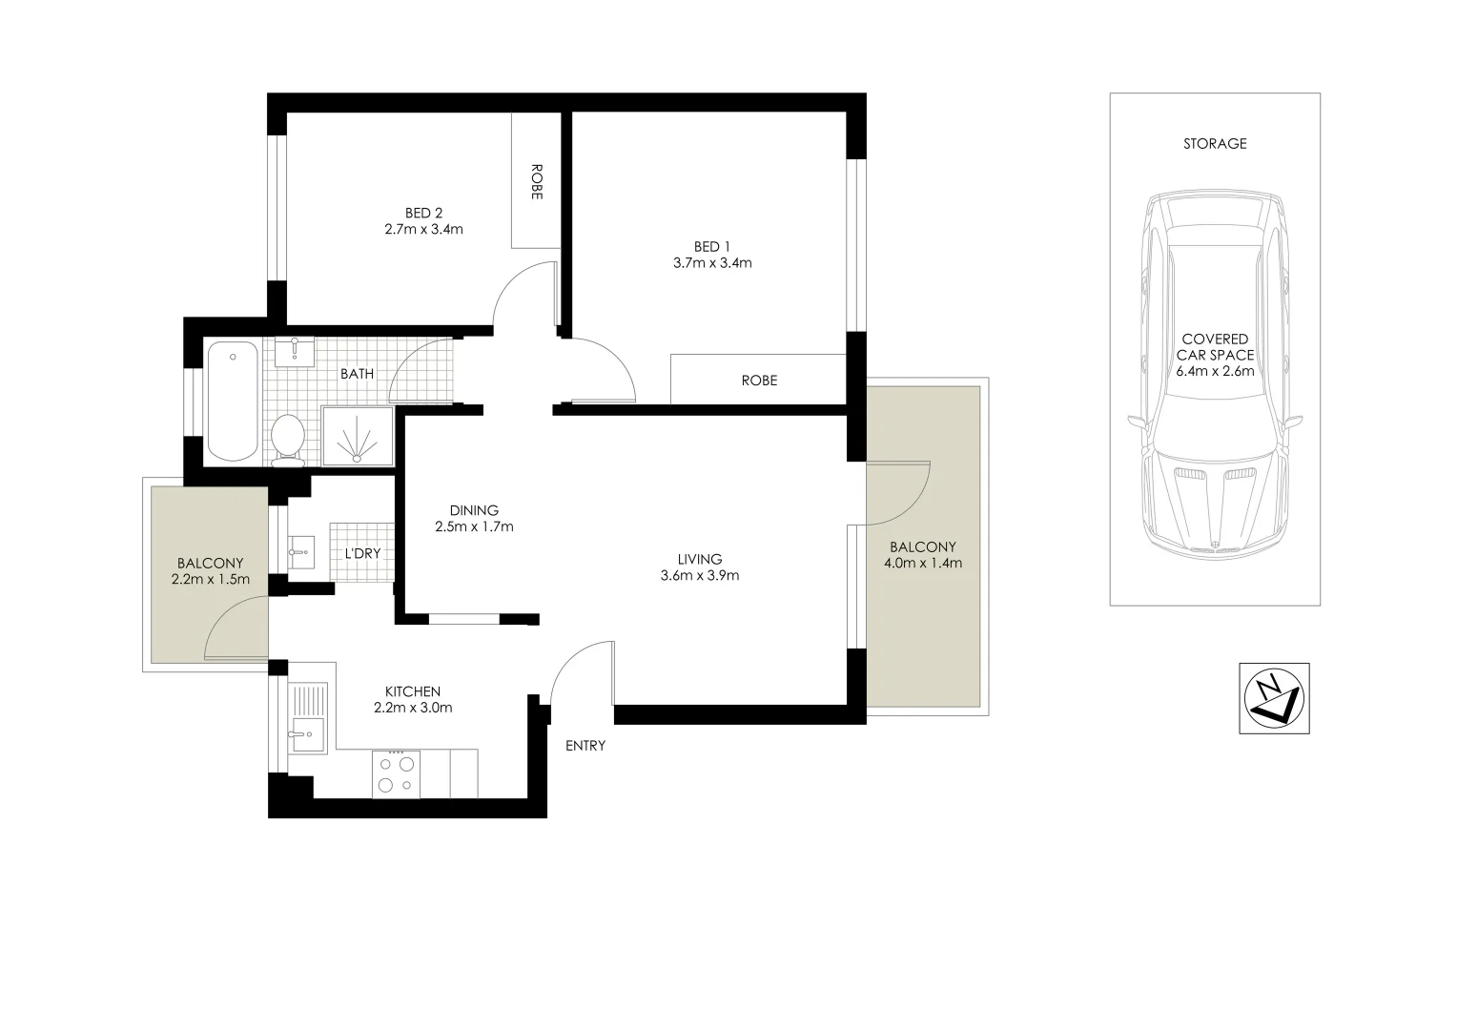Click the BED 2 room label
click(423, 213)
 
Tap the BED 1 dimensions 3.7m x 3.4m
click(711, 262)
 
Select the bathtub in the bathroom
click(232, 401)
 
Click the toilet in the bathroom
click(287, 439)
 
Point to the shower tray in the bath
click(358, 436)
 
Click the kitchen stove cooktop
click(397, 773)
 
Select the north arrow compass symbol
click(1273, 698)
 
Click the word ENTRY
click(585, 746)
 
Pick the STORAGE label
click(1214, 144)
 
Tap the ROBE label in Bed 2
click(536, 181)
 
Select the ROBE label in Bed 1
click(759, 381)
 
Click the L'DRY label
click(362, 552)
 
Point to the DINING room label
click(474, 510)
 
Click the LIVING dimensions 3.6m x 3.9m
click(699, 575)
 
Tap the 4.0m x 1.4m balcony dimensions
click(922, 563)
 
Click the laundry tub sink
click(300, 550)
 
